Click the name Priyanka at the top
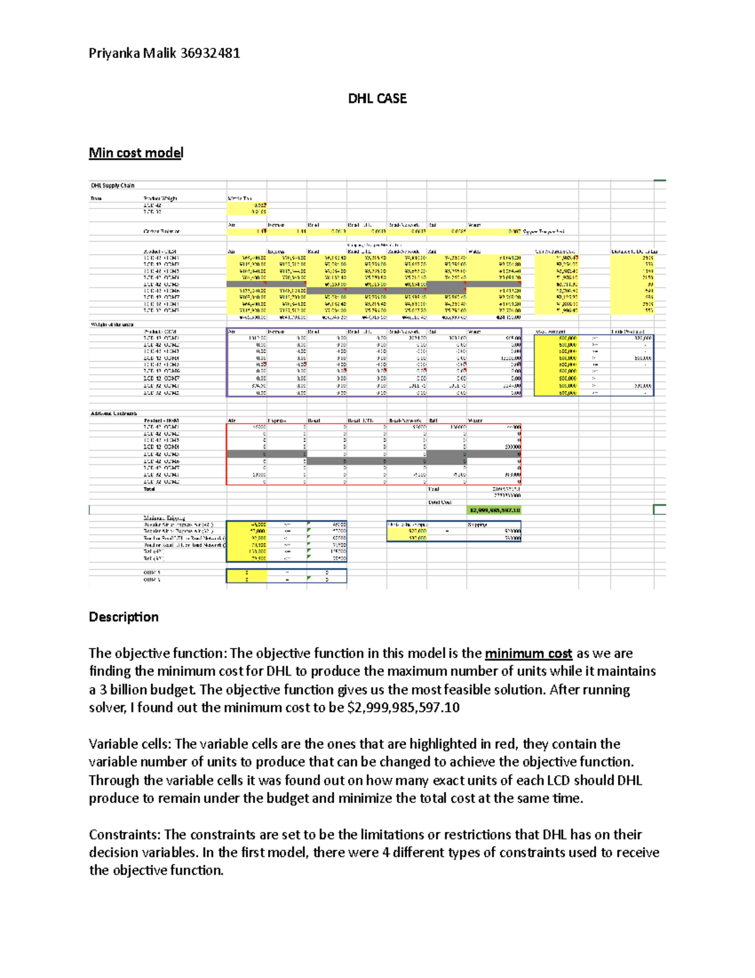[115, 54]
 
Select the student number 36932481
[210, 54]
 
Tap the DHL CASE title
[377, 99]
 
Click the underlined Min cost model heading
[136, 153]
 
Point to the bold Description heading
[123, 617]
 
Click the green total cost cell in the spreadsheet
[494, 510]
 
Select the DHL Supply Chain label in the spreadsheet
[113, 186]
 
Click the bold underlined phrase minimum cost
[528, 654]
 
